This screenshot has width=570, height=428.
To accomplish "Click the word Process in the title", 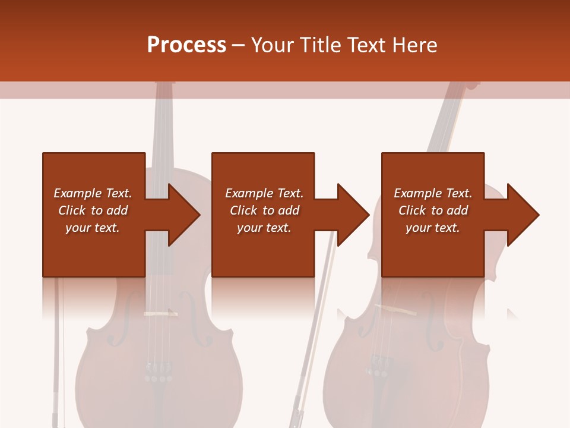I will tap(186, 45).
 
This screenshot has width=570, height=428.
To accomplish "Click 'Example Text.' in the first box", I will tap(93, 193).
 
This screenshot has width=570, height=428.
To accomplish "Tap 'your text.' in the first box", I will tap(93, 228).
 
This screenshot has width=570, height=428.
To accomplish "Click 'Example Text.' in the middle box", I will tap(264, 193).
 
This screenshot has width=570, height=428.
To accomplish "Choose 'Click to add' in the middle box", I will tap(264, 210).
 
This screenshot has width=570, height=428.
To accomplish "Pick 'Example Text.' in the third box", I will tap(433, 193).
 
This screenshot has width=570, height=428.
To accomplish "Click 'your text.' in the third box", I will tap(433, 228).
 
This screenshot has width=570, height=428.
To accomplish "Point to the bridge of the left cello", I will tap(159, 314).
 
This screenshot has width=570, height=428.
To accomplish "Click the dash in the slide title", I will tap(238, 45).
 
